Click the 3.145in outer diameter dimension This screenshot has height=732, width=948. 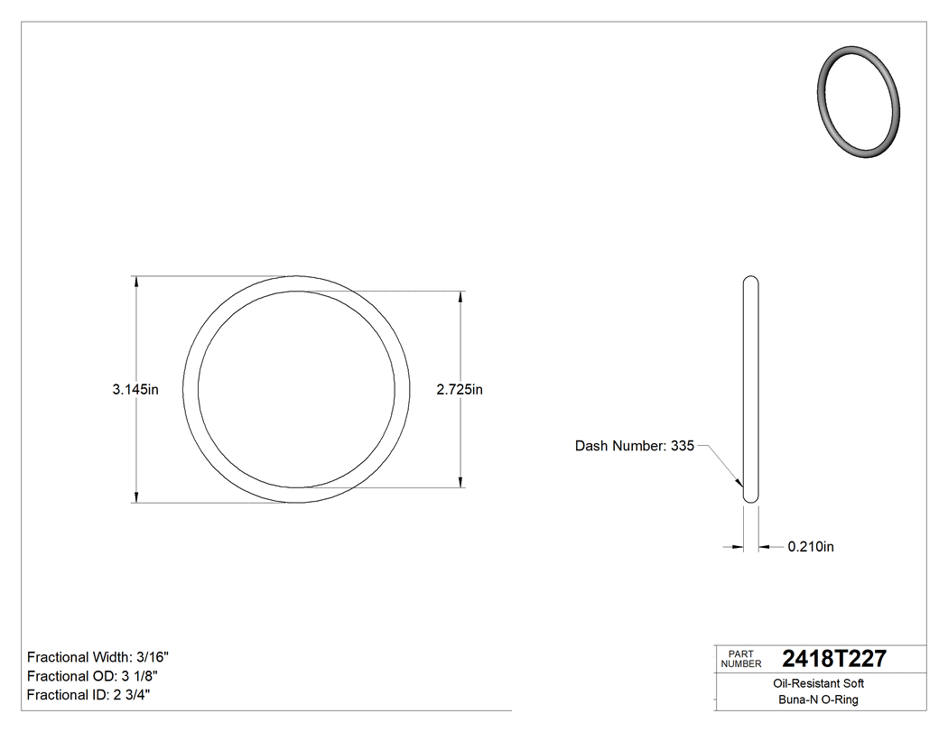click(135, 390)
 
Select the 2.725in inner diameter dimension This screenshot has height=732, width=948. click(460, 390)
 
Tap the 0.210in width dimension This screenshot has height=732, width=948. click(811, 546)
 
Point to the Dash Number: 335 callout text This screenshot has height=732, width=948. click(634, 446)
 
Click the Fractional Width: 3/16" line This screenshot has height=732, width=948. click(98, 657)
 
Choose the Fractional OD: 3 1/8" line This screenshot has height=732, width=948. click(95, 676)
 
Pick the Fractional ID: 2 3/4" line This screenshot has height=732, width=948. click(88, 695)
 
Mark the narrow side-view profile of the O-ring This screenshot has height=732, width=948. click(750, 388)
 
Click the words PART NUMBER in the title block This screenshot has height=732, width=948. click(741, 659)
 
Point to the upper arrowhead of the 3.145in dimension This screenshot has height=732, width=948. click(136, 283)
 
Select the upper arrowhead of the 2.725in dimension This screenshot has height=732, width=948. click(462, 297)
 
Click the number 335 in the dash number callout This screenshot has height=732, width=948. click(683, 446)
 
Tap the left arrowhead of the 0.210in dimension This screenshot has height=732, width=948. click(738, 546)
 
